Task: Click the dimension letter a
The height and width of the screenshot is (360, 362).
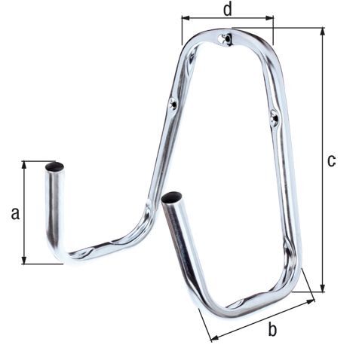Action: (x=15, y=214)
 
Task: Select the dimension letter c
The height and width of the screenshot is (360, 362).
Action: (x=332, y=160)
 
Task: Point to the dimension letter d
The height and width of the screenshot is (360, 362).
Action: (x=228, y=10)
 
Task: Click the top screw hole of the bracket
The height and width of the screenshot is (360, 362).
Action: (x=225, y=39)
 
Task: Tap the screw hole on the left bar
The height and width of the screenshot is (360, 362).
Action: (x=173, y=103)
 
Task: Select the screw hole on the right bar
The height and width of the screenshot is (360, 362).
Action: (x=275, y=117)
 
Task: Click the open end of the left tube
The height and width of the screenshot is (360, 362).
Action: (x=54, y=166)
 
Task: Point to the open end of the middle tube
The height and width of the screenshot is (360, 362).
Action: (x=171, y=197)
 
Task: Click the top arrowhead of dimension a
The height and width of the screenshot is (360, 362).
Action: (x=24, y=165)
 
